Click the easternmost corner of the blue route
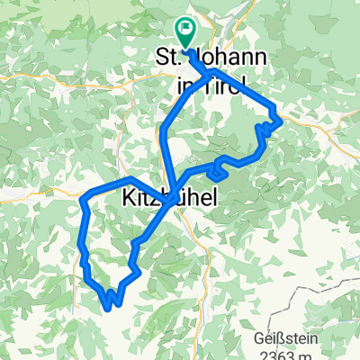[282, 118]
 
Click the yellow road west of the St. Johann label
[108, 80]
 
